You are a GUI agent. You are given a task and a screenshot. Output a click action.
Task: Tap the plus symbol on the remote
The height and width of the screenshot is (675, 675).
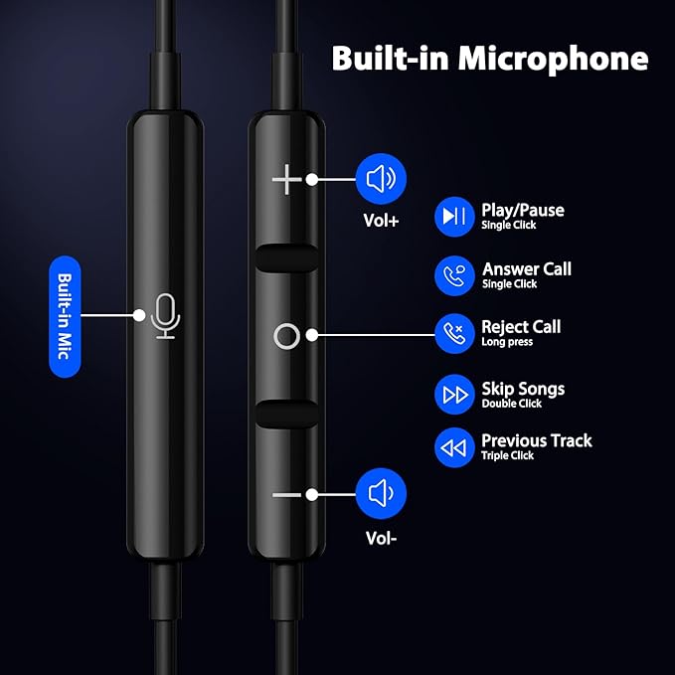click(286, 180)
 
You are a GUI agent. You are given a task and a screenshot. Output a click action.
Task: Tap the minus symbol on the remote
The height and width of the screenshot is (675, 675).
click(286, 493)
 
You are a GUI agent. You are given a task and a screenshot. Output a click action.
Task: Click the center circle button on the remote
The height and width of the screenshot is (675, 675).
click(286, 336)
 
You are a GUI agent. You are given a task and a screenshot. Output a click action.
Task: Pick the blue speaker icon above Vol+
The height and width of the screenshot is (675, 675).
click(381, 180)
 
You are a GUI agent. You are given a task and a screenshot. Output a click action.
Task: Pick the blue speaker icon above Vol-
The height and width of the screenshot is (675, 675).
click(381, 493)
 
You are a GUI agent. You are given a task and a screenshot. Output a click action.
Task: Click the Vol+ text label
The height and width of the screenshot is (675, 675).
click(381, 221)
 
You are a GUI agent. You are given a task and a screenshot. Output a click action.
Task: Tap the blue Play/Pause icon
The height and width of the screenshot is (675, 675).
click(454, 216)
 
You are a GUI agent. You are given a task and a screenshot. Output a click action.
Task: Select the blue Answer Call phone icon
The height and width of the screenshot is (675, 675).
click(454, 275)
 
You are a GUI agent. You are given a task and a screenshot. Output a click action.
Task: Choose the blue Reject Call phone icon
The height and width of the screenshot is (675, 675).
click(454, 333)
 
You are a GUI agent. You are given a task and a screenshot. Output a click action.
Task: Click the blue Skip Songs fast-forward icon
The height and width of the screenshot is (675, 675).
click(454, 395)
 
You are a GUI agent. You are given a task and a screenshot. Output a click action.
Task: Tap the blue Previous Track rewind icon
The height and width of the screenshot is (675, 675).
click(454, 447)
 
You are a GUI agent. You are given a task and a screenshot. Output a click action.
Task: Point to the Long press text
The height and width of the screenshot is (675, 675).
click(507, 343)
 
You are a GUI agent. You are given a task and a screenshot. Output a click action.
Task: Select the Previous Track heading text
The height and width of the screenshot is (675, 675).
click(536, 439)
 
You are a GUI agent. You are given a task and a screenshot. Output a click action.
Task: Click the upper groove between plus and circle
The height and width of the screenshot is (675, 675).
click(286, 256)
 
